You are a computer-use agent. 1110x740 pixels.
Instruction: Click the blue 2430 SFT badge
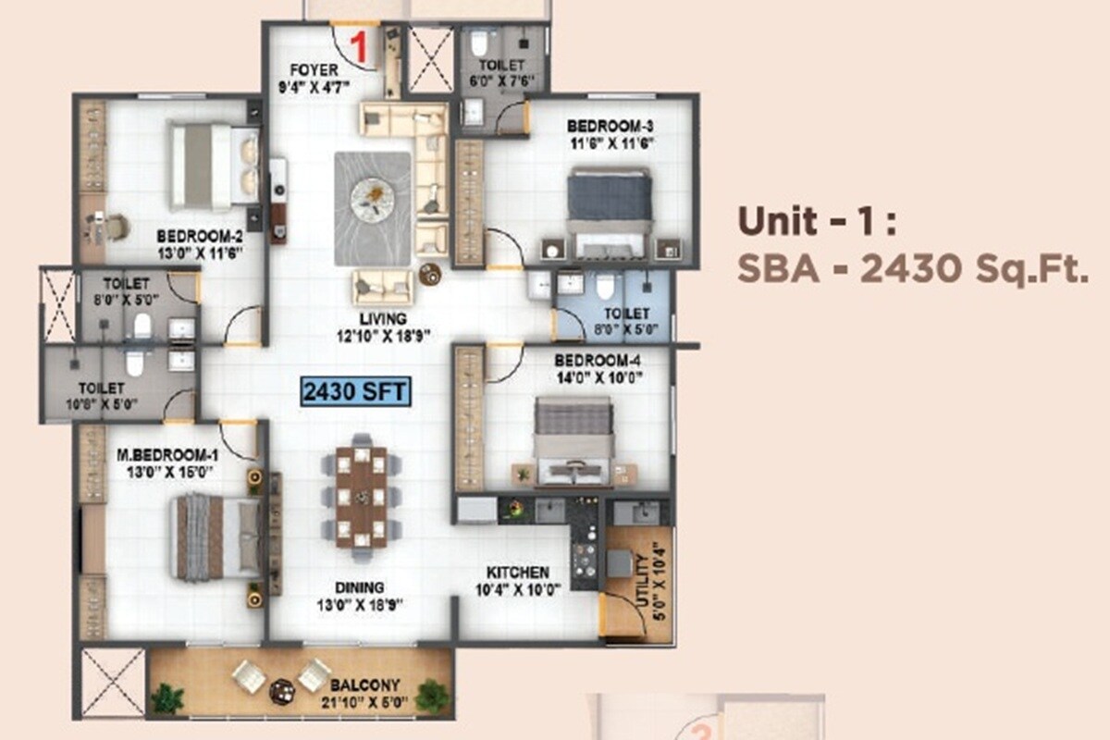coord(355,391)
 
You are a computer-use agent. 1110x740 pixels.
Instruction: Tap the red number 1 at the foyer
coord(361,43)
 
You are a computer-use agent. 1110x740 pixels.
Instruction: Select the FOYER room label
coord(313,69)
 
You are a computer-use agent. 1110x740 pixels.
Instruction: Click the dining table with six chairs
coord(361,497)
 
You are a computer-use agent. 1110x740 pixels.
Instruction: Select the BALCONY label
coord(364,685)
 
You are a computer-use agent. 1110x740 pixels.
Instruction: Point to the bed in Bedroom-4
coord(573,440)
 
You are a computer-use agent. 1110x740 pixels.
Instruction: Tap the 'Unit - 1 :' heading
coord(817,223)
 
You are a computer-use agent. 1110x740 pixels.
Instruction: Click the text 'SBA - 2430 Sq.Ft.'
coord(910,269)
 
